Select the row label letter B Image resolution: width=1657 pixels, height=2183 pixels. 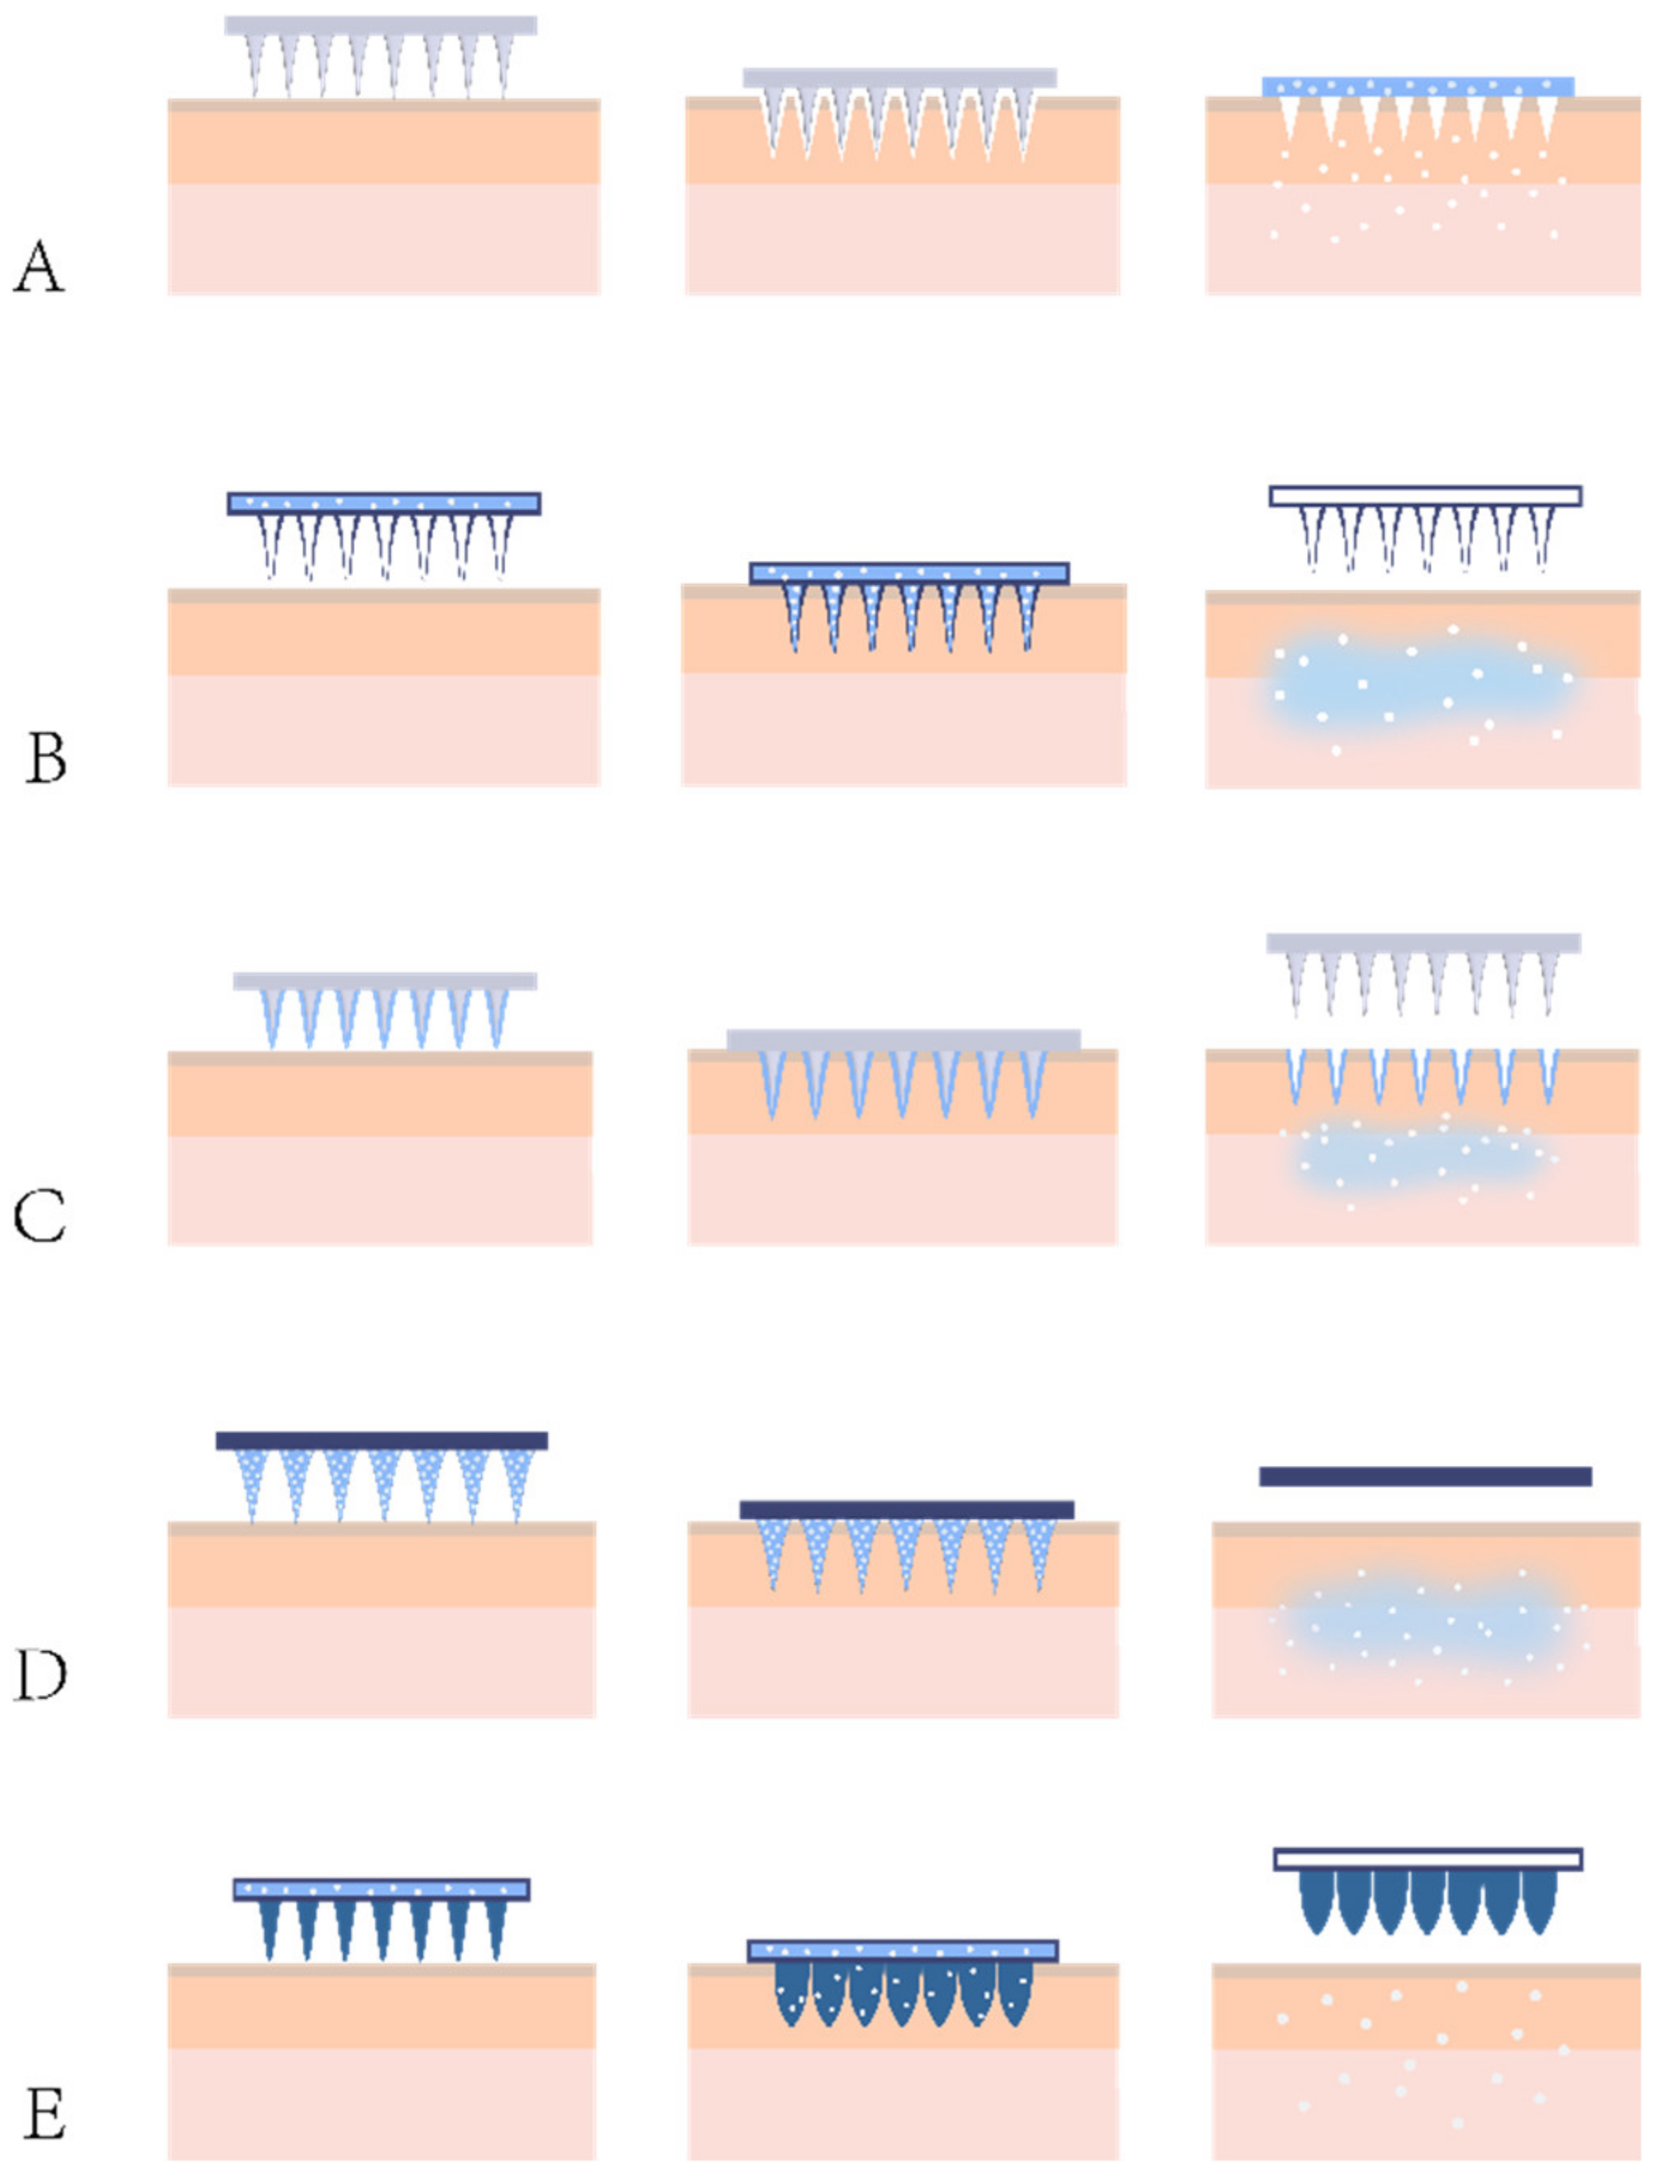coord(46,758)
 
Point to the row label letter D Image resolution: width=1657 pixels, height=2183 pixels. coord(40,1675)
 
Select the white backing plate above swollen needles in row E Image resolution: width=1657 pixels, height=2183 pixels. coord(1427,1859)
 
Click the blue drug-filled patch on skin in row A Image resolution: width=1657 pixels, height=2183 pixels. coord(1417,87)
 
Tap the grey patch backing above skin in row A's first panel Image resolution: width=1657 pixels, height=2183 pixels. coord(380,26)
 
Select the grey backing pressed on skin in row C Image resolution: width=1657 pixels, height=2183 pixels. coord(903,1040)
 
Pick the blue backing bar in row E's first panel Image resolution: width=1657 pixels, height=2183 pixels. coord(381,1890)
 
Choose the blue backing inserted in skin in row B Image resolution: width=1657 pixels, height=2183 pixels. coord(908,574)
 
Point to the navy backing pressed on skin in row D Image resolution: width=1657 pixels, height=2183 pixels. coord(906,1510)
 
